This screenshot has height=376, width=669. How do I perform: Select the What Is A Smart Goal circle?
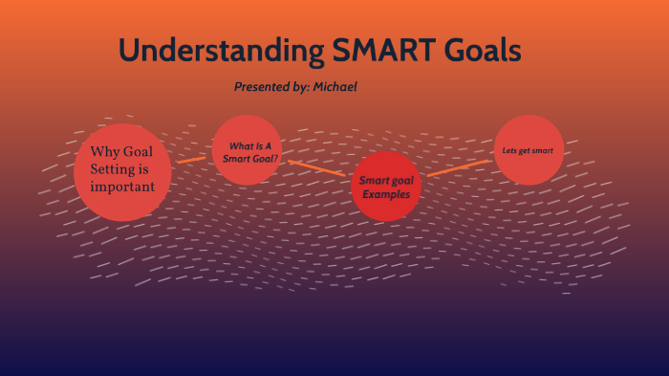(247, 149)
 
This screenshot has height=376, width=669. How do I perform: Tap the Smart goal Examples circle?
(385, 186)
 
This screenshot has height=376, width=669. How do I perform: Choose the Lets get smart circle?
(528, 150)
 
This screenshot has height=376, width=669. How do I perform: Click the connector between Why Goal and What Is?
(191, 159)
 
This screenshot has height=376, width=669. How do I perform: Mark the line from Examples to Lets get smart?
(459, 167)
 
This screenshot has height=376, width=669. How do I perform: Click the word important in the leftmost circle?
(122, 188)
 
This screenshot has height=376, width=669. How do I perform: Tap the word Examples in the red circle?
(385, 194)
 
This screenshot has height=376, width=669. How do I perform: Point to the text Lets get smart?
(528, 150)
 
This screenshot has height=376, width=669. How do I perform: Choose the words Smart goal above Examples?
(385, 180)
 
